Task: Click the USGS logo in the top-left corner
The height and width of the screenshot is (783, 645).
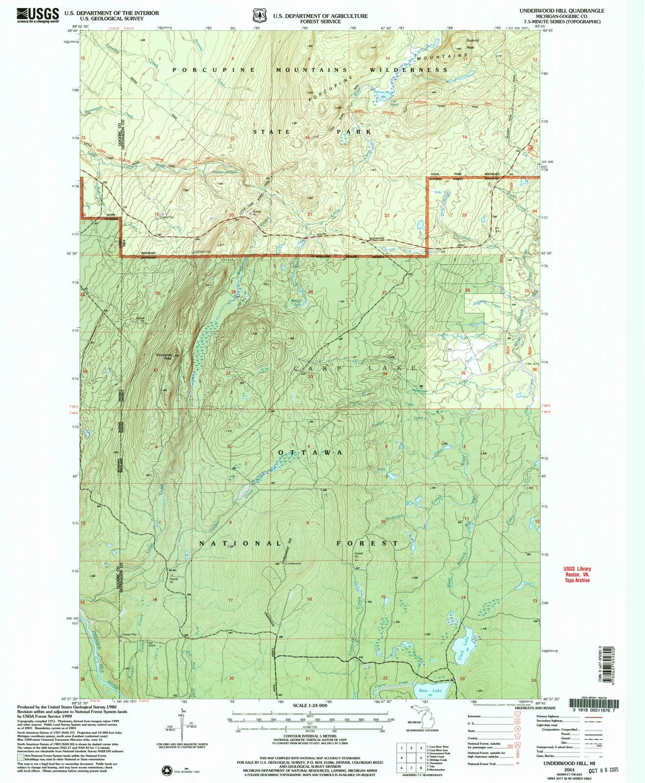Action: click(38, 15)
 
